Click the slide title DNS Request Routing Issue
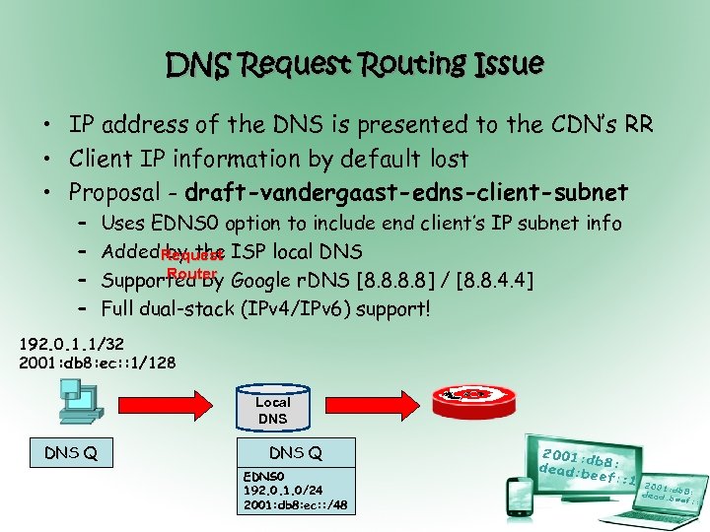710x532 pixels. tap(355, 65)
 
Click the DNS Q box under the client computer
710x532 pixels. tap(72, 453)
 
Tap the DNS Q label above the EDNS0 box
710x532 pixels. tap(296, 453)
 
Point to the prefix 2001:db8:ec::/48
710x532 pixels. tap(295, 505)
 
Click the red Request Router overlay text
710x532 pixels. tap(192, 263)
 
